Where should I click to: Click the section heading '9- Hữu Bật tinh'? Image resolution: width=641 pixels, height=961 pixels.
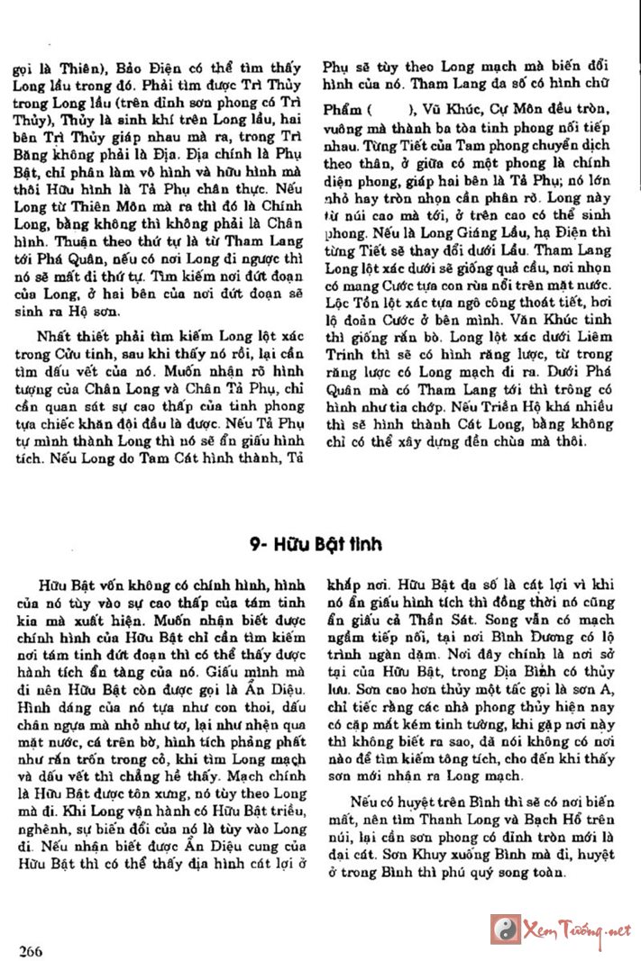(316, 545)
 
